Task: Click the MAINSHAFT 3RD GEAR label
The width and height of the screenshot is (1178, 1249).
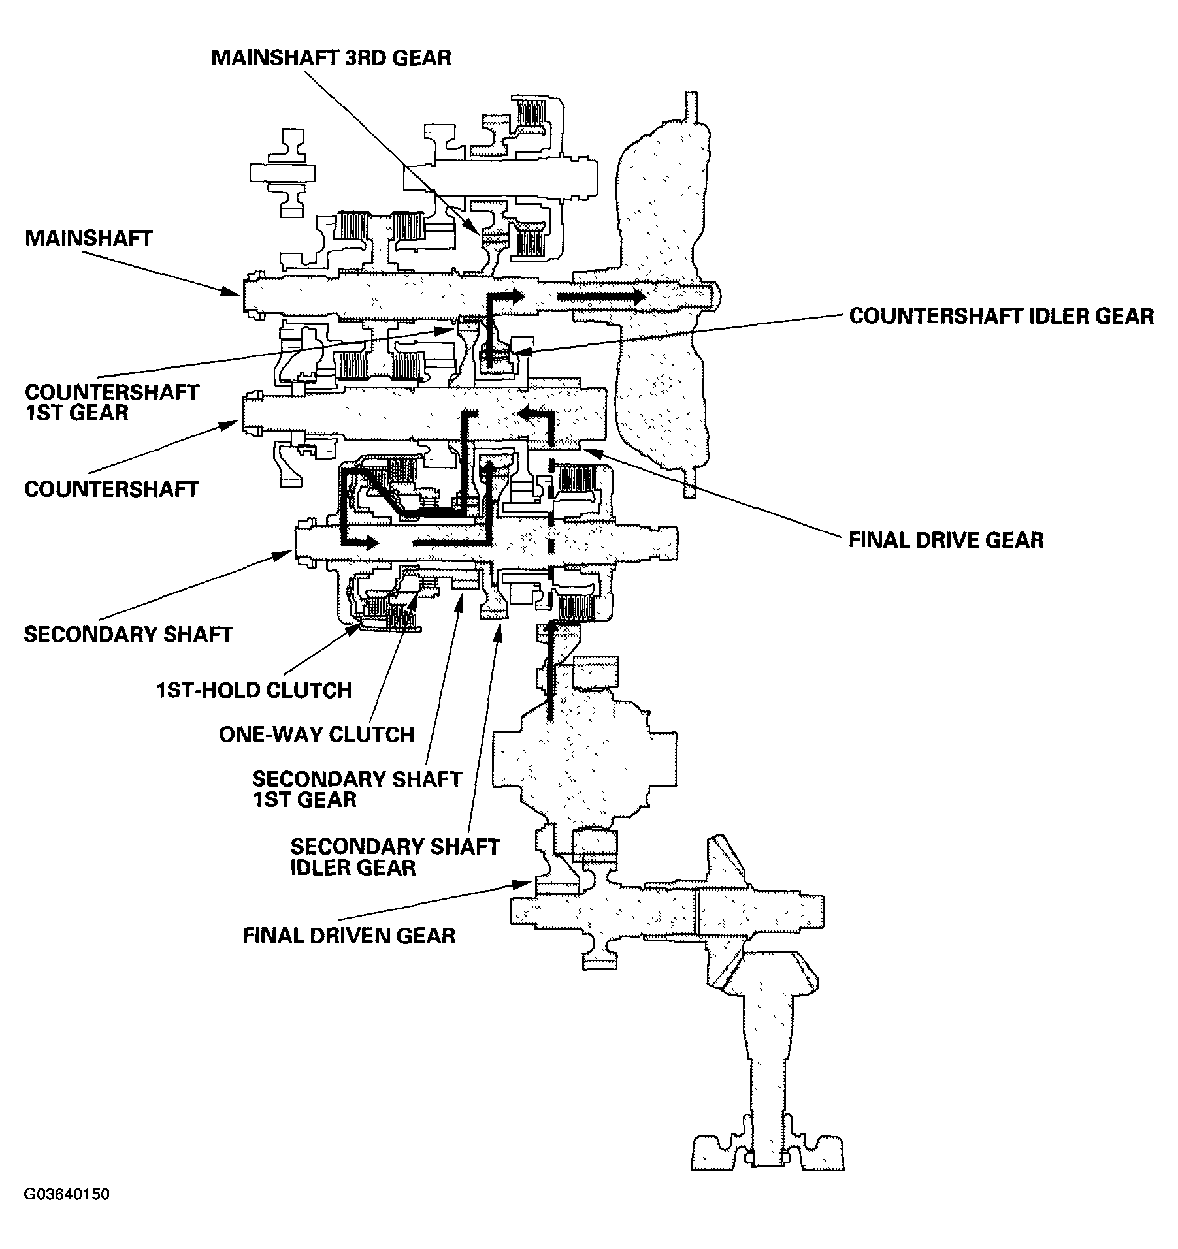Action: pos(331,57)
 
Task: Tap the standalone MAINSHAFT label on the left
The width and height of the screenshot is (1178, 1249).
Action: pos(89,238)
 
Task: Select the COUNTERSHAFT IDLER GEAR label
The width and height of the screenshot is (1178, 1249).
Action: pos(1001,316)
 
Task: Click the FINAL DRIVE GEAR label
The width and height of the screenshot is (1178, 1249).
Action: pos(946,540)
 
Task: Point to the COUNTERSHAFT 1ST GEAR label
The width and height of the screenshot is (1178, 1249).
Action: pos(112,402)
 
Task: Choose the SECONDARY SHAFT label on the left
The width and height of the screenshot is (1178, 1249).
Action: pos(128,635)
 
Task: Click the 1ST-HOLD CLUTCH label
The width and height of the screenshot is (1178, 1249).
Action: pos(254,690)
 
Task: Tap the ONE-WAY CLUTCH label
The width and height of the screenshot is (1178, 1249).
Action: pos(316,735)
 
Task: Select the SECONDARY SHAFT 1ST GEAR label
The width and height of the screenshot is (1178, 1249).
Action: pos(357,789)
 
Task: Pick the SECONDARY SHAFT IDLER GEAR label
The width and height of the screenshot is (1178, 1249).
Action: pos(395,857)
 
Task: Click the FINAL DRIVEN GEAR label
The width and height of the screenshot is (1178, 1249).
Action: pos(349,936)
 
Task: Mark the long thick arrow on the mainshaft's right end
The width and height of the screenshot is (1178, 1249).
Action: pos(601,297)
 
